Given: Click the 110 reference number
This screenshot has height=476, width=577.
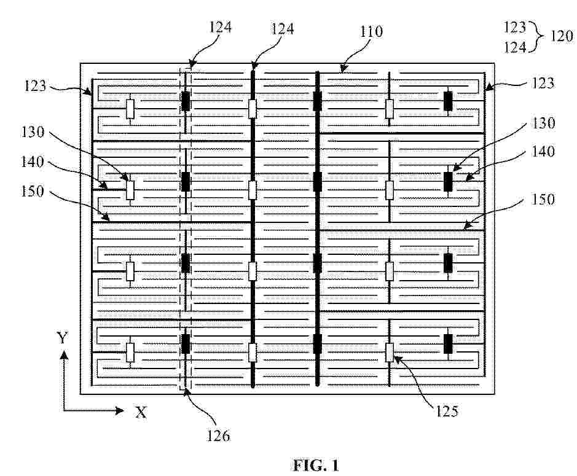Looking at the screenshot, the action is tap(371, 32).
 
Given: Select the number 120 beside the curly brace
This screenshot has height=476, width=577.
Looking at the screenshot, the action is tap(561, 36).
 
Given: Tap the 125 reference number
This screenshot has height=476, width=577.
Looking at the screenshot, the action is tap(447, 411).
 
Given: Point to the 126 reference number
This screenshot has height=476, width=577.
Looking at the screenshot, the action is tap(218, 435).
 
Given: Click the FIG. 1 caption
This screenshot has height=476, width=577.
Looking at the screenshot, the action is tap(316, 466).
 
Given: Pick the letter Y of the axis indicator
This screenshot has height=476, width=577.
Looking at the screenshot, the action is tap(63, 337).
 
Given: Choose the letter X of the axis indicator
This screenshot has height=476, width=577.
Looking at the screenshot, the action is tap(141, 412).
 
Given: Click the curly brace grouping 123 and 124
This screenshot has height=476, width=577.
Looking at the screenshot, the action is tap(538, 36).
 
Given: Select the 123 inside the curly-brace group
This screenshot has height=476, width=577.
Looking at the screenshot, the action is tap(514, 27).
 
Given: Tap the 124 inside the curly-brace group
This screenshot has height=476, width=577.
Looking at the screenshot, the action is tap(514, 47).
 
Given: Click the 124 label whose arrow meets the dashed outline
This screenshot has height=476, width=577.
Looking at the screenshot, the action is tap(220, 27).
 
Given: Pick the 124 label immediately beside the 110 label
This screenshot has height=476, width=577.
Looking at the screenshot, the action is tap(282, 29).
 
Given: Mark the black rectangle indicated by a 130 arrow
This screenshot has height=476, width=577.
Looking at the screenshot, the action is tap(448, 181).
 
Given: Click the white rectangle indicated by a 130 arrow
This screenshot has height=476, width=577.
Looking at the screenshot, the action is tap(130, 190).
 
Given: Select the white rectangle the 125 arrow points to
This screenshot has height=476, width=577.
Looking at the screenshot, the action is tap(390, 353).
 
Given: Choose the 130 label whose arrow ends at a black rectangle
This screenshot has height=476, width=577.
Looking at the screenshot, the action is tap(543, 123).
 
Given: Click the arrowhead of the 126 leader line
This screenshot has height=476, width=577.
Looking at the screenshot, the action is tap(187, 391).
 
